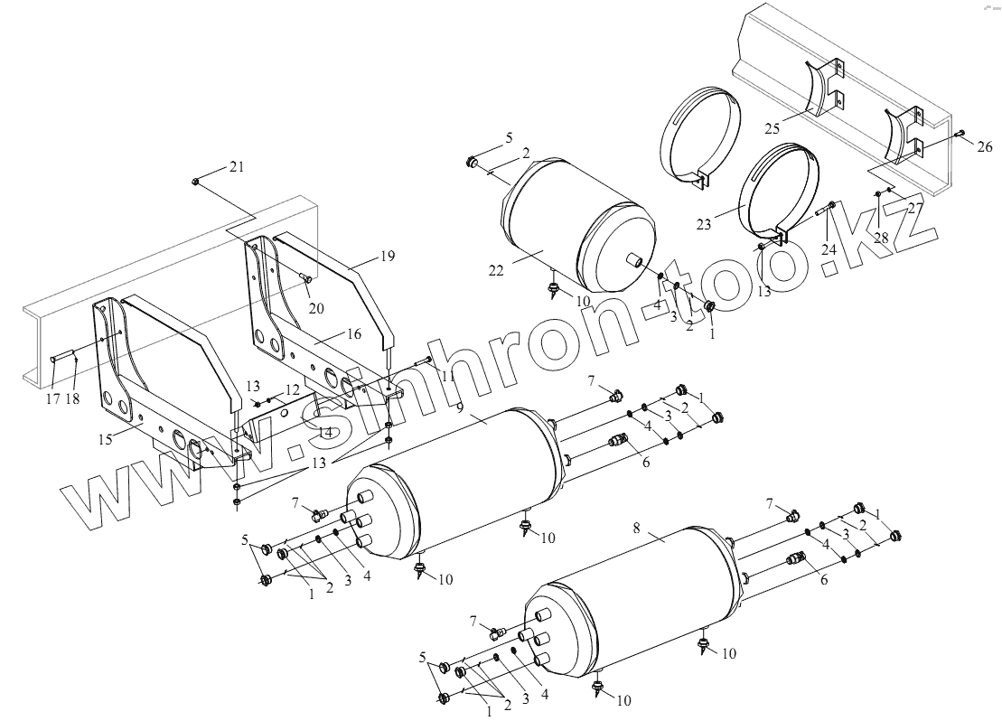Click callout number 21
237,166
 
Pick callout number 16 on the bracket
353,333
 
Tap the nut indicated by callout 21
196,182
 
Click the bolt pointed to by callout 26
960,133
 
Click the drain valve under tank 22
554,290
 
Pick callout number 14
325,433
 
